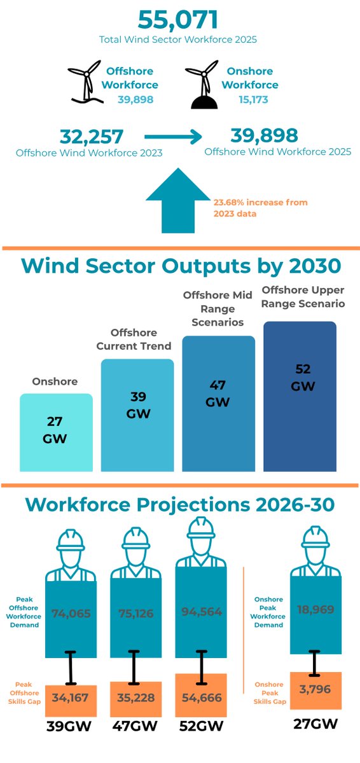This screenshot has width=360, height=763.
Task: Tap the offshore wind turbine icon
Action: (85, 81)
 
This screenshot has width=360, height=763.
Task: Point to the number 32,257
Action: (92, 137)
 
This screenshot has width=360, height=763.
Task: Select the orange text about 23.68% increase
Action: (260, 208)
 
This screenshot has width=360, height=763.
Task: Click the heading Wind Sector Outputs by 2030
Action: (180, 265)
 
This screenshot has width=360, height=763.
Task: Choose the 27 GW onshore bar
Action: (56, 432)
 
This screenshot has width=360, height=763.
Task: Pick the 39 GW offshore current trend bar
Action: (137, 415)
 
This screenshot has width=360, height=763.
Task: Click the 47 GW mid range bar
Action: (219, 403)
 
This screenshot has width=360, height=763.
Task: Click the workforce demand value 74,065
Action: (71, 614)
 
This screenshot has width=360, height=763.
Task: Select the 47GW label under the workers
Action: (134, 725)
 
